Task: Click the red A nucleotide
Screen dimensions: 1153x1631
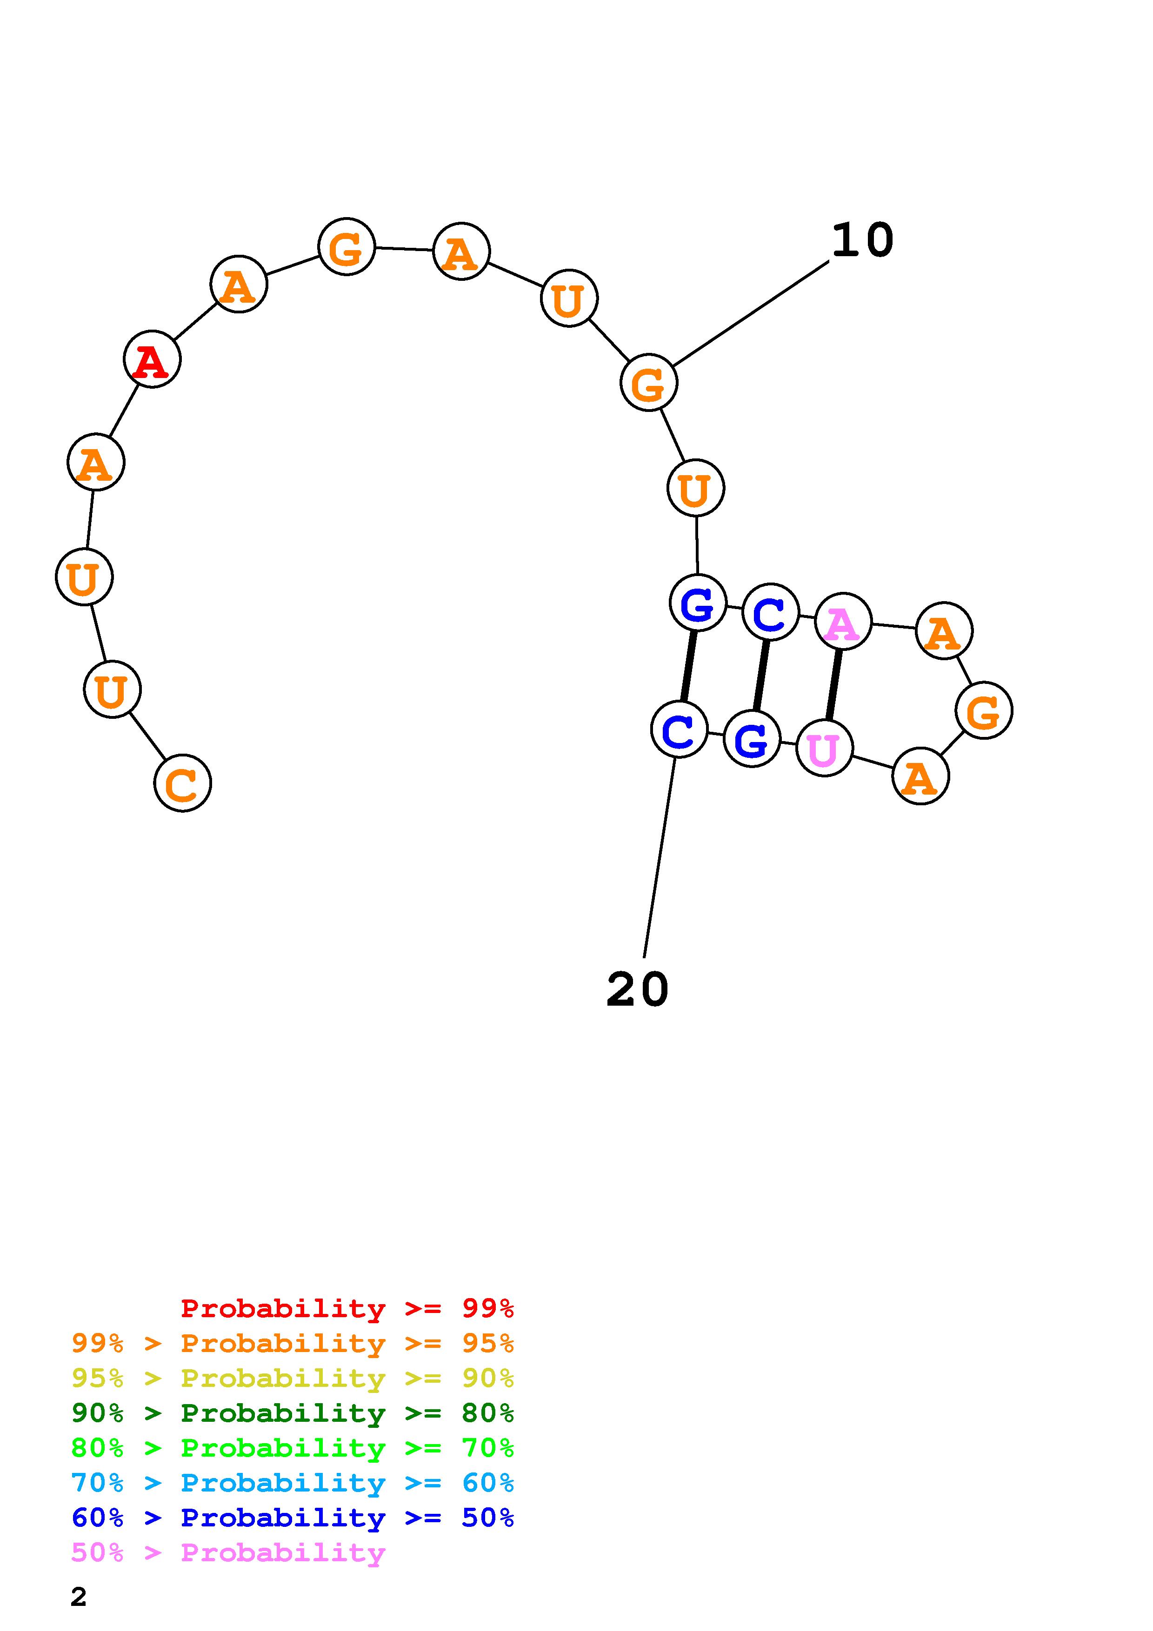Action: [152, 359]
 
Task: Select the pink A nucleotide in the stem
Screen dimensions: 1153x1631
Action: [843, 622]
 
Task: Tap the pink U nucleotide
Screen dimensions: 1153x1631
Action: [824, 748]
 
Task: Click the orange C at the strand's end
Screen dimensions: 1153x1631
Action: [183, 783]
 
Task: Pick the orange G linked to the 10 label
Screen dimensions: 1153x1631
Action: [649, 383]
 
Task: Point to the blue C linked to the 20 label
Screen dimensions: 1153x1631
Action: [679, 729]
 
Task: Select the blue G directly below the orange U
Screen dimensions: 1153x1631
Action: [698, 603]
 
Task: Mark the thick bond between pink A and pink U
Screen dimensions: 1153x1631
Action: [833, 685]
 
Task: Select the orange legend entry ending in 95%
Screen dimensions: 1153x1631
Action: [293, 1343]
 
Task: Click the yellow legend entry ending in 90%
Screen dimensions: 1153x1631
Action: [293, 1378]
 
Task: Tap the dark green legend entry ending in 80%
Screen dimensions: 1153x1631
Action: [293, 1413]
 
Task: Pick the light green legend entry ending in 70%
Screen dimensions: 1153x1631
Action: [293, 1448]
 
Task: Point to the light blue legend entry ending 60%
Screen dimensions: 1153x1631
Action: [293, 1483]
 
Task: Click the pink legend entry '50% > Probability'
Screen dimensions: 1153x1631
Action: [228, 1552]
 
